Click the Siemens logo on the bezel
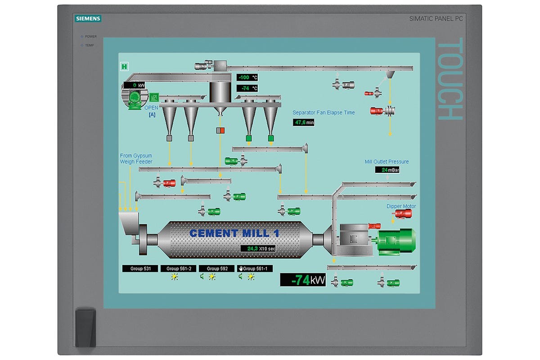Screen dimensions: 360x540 coord(88,18)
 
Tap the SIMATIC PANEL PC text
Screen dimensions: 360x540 coord(436,18)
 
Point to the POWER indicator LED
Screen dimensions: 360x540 coord(82,36)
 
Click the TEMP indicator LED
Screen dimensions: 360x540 coord(82,45)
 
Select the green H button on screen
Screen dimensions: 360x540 coord(124,67)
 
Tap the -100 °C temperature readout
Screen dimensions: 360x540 coord(247,77)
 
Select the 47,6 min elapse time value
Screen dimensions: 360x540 coord(304,122)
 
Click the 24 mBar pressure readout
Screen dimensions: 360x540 coord(387,170)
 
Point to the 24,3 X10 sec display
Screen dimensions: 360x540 coord(258,248)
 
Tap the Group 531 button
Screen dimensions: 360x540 coord(140,269)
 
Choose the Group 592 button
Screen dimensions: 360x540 coord(217,269)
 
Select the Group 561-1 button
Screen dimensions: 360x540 coord(255,269)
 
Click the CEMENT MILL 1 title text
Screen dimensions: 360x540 coord(234,233)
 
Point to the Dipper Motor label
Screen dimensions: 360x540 coord(401,207)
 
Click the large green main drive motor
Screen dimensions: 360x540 coord(396,240)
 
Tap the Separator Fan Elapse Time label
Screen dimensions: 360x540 coord(324,112)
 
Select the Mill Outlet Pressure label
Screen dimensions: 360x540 coord(387,162)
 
